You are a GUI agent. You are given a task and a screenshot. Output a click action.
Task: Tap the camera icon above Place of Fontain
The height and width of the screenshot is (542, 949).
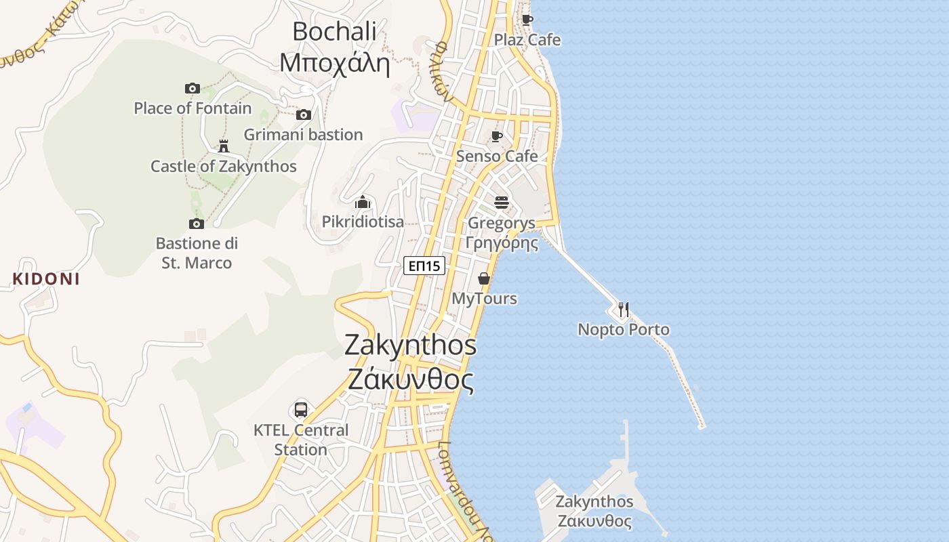click(x=193, y=88)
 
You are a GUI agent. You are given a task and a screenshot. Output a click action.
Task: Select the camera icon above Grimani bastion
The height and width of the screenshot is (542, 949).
click(x=304, y=114)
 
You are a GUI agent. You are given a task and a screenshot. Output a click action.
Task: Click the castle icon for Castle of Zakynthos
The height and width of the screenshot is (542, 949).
click(x=224, y=146)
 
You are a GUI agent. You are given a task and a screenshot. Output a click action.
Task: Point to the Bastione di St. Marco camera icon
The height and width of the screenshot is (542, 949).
click(x=197, y=224)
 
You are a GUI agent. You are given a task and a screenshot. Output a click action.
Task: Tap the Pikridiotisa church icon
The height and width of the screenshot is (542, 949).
click(x=363, y=202)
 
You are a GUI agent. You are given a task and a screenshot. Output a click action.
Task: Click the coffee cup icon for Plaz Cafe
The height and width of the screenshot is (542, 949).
click(x=527, y=20)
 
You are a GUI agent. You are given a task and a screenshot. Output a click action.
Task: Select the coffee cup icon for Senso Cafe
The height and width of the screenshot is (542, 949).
click(x=497, y=136)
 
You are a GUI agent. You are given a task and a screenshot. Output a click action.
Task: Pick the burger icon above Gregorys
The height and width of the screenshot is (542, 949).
click(x=502, y=203)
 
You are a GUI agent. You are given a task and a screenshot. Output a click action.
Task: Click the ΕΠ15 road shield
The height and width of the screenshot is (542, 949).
click(x=424, y=266)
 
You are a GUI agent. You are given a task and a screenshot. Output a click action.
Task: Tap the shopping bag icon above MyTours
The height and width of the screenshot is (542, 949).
click(x=484, y=278)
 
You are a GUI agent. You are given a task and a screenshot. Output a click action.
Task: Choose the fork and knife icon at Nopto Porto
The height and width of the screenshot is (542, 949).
click(x=624, y=310)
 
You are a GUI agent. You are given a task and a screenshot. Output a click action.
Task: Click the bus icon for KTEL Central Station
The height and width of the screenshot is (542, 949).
click(x=301, y=410)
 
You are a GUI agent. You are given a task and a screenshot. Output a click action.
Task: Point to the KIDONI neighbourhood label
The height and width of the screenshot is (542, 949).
click(x=46, y=279)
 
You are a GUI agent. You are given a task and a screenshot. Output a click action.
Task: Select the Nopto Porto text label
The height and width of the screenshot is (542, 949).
click(x=624, y=330)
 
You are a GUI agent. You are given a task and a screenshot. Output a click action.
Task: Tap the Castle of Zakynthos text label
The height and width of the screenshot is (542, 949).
click(x=224, y=166)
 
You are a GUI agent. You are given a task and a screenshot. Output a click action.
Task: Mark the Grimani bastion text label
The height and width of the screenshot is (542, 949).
click(x=304, y=135)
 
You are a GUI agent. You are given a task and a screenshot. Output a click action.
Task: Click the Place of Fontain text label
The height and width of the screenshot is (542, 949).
click(x=193, y=108)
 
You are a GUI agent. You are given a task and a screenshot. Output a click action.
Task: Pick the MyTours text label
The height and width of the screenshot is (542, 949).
click(x=484, y=299)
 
